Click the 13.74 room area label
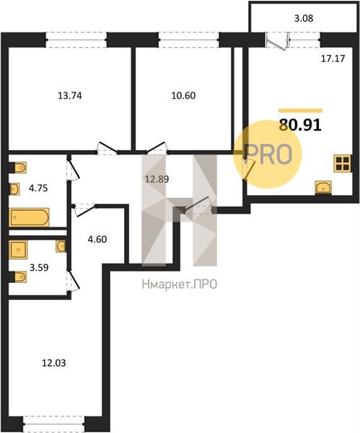tap(70, 96)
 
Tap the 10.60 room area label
tap(183, 95)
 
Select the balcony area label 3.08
tap(304, 18)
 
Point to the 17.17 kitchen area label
tap(333, 58)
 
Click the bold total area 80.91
tap(300, 125)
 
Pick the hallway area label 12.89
tap(157, 179)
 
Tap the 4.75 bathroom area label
tap(38, 188)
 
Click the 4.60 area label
tap(97, 239)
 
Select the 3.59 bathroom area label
tap(39, 268)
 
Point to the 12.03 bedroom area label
tap(54, 363)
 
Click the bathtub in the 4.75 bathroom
tap(29, 217)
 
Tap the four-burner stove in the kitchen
tap(342, 163)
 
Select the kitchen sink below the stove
tap(323, 188)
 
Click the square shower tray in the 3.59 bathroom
tap(18, 250)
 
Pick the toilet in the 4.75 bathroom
tap(18, 167)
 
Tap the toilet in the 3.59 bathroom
tap(18, 277)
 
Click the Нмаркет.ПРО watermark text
tap(180, 284)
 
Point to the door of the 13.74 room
tap(107, 148)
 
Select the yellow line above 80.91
tap(300, 110)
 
